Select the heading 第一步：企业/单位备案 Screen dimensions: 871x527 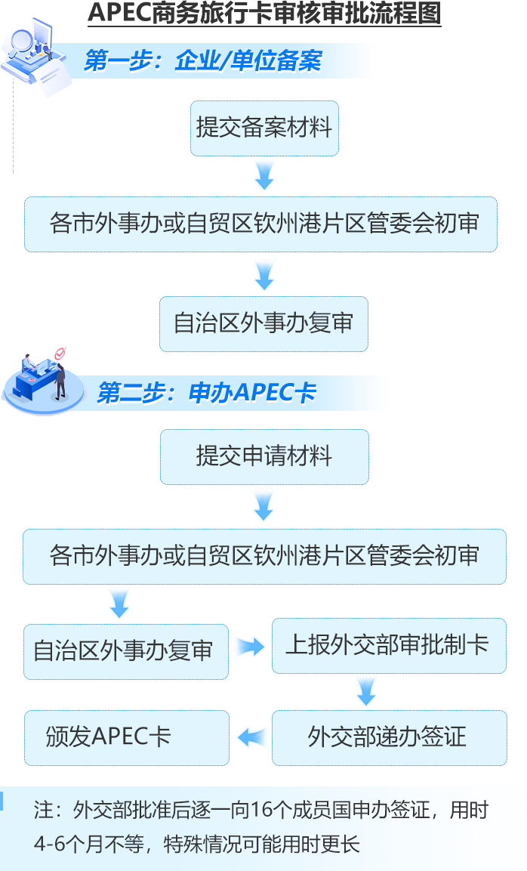click(203, 61)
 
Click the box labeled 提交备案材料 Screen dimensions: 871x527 click(263, 128)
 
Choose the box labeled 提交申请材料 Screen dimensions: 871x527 click(263, 456)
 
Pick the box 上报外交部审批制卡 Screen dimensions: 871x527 click(388, 645)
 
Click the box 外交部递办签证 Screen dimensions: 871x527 click(388, 737)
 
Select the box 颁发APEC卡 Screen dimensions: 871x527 click(126, 737)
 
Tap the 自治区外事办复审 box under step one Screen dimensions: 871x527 click(263, 323)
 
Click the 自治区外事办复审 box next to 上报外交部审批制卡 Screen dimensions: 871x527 click(126, 651)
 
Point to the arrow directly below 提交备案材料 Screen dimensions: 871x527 click(264, 175)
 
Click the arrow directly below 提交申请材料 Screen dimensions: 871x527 click(264, 505)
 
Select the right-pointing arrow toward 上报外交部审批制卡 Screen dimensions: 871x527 click(249, 647)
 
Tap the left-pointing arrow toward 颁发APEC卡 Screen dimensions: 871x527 click(252, 737)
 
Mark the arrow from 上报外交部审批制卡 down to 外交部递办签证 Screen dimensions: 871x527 click(365, 690)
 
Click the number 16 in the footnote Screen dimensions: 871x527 click(260, 811)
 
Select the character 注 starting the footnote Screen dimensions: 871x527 click(43, 811)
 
